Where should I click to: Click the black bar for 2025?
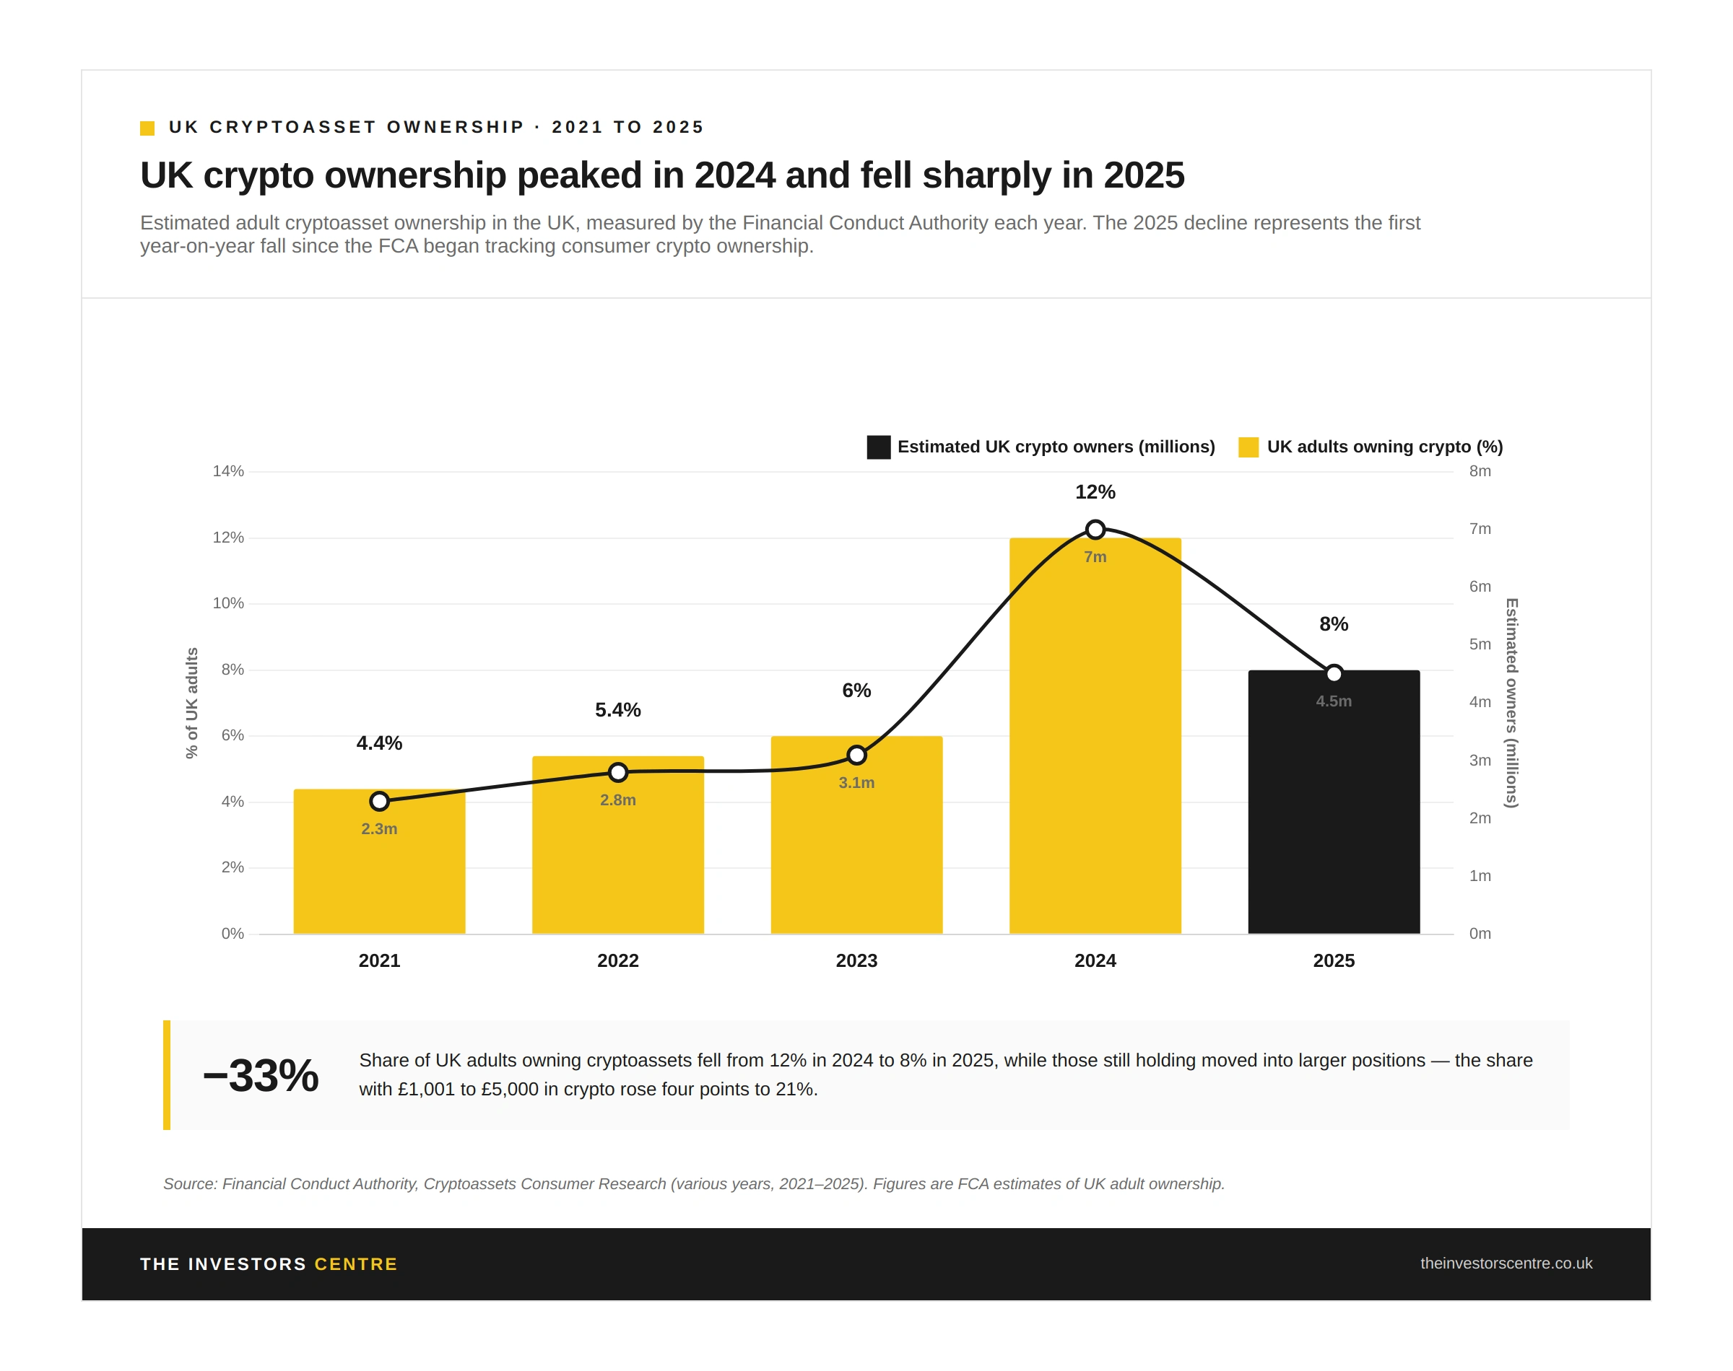(x=1333, y=819)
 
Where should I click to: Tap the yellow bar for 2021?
(x=379, y=883)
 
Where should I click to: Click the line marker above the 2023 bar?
(x=856, y=755)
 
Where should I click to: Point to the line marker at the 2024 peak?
(x=1095, y=530)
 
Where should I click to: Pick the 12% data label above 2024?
(x=1095, y=492)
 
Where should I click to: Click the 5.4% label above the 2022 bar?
(x=617, y=710)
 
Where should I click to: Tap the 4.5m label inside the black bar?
(x=1333, y=701)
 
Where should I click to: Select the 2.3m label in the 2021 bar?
(x=379, y=829)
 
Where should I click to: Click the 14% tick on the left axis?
(x=228, y=471)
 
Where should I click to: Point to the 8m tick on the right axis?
(x=1480, y=471)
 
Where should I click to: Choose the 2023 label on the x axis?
(x=856, y=961)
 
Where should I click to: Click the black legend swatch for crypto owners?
(x=879, y=447)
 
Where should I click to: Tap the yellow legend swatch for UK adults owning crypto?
(x=1248, y=447)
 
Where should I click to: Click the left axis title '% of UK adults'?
(x=192, y=703)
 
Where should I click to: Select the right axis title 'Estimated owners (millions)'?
(x=1511, y=703)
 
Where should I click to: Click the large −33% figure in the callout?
(x=261, y=1076)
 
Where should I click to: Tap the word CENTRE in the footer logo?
(x=356, y=1264)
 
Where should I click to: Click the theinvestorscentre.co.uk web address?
(x=1506, y=1263)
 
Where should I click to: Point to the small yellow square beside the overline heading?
(x=147, y=128)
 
